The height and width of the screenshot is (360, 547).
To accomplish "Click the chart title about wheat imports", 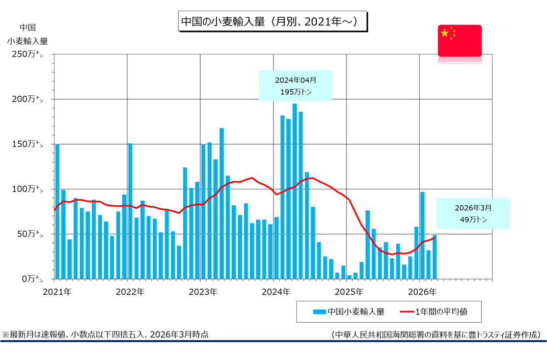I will point(272,22).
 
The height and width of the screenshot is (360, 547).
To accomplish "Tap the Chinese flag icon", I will point(459,40).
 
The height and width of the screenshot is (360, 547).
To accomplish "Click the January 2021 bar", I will point(57,211).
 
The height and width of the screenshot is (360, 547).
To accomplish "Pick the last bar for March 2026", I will point(434,257).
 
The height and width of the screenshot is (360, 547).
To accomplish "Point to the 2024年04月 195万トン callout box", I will point(295,86).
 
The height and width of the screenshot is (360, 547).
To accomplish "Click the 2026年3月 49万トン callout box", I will point(473,213).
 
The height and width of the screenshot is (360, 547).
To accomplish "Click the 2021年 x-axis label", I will point(57,292).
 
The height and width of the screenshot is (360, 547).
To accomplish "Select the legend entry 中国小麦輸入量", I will point(348,311).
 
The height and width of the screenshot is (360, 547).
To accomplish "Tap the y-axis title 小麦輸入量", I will point(28,42).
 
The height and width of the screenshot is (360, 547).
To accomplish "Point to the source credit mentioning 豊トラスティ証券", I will point(435,334).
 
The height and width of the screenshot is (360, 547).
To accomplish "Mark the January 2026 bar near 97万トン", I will point(422,235).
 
